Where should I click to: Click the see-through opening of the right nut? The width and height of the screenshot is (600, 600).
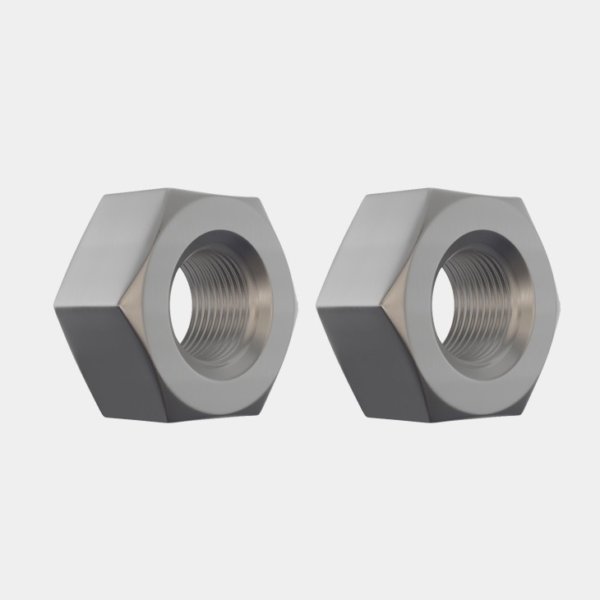441,300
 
